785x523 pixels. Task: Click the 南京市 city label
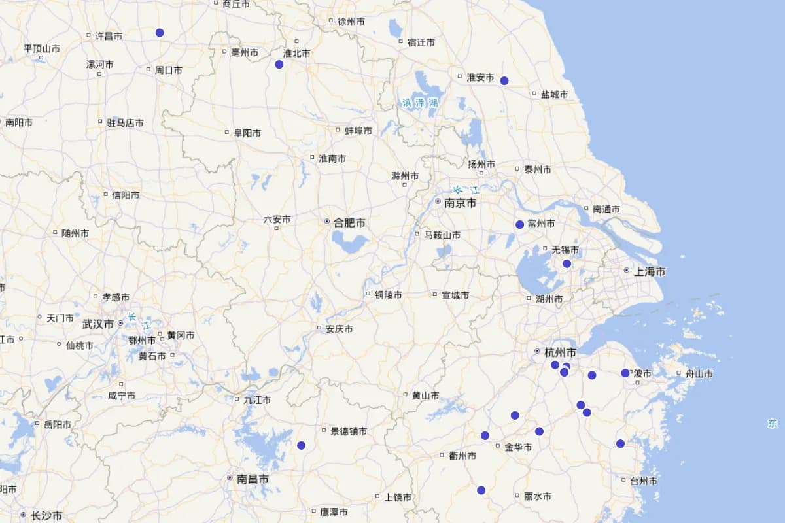pyautogui.click(x=461, y=203)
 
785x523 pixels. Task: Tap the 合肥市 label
pyautogui.click(x=349, y=223)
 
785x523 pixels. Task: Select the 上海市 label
pyautogui.click(x=650, y=271)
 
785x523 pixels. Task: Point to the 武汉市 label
pyautogui.click(x=98, y=324)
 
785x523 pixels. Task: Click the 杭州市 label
pyautogui.click(x=560, y=352)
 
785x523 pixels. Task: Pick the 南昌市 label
pyautogui.click(x=253, y=479)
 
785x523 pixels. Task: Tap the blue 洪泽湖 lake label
pyautogui.click(x=420, y=103)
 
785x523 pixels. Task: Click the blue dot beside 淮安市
pyautogui.click(x=504, y=80)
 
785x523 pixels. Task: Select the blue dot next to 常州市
pyautogui.click(x=519, y=224)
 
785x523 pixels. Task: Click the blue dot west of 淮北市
pyautogui.click(x=279, y=64)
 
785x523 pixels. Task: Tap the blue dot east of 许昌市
pyautogui.click(x=160, y=32)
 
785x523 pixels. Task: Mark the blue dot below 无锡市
pyautogui.click(x=567, y=263)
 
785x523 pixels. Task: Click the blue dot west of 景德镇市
pyautogui.click(x=301, y=445)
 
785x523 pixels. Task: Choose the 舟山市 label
pyautogui.click(x=699, y=373)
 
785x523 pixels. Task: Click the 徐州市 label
pyautogui.click(x=351, y=22)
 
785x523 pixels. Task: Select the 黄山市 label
pyautogui.click(x=425, y=396)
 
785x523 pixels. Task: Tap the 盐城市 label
pyautogui.click(x=555, y=95)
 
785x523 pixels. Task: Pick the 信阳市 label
pyautogui.click(x=126, y=195)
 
